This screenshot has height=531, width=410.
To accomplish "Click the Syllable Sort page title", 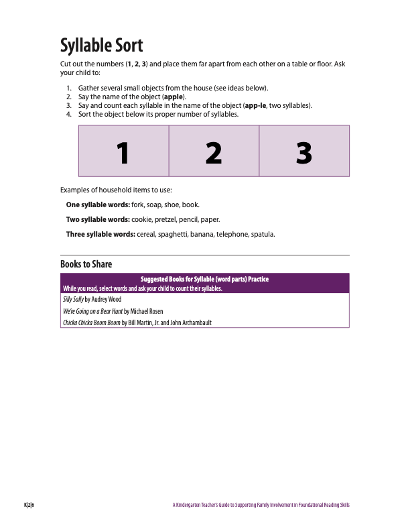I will [x=101, y=46].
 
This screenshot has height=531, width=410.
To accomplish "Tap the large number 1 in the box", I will [x=122, y=153].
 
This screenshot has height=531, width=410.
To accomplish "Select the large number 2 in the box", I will [x=213, y=153].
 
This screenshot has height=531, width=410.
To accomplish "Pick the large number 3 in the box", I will [x=303, y=153].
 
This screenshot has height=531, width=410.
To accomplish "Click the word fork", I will [x=138, y=204].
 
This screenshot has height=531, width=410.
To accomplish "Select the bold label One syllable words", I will [x=98, y=204].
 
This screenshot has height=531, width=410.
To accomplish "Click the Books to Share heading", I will [x=86, y=264].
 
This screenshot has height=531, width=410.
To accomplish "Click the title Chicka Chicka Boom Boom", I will [x=91, y=322].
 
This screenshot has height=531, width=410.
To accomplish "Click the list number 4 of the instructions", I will [x=69, y=114].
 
